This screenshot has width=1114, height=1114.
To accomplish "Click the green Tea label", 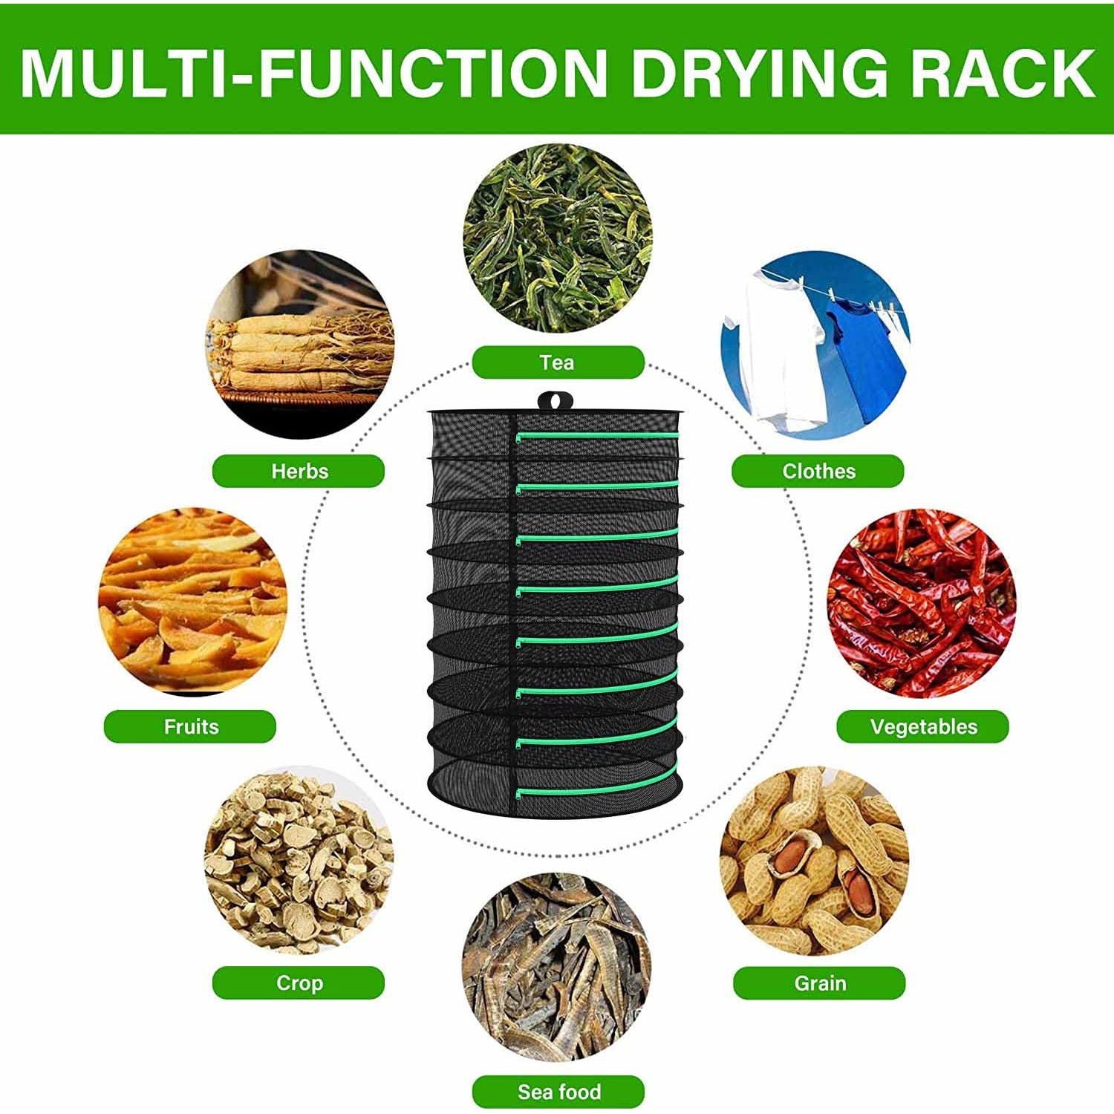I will point(558,362).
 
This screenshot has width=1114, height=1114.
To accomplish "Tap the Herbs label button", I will point(299,471).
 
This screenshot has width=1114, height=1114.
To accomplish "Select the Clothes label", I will point(818,471).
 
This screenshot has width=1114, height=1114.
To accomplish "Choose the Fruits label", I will point(190,726).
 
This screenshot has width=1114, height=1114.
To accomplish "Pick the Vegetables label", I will point(923,726).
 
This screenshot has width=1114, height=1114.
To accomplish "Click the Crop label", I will point(299,983).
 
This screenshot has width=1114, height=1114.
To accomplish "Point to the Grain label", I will point(819,983).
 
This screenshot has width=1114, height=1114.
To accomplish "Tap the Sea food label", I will point(558,1091).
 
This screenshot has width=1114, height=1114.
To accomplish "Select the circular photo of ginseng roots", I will point(299,345).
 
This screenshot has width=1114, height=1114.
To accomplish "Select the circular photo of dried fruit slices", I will point(192,602).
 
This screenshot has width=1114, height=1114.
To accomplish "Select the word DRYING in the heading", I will point(758,72).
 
